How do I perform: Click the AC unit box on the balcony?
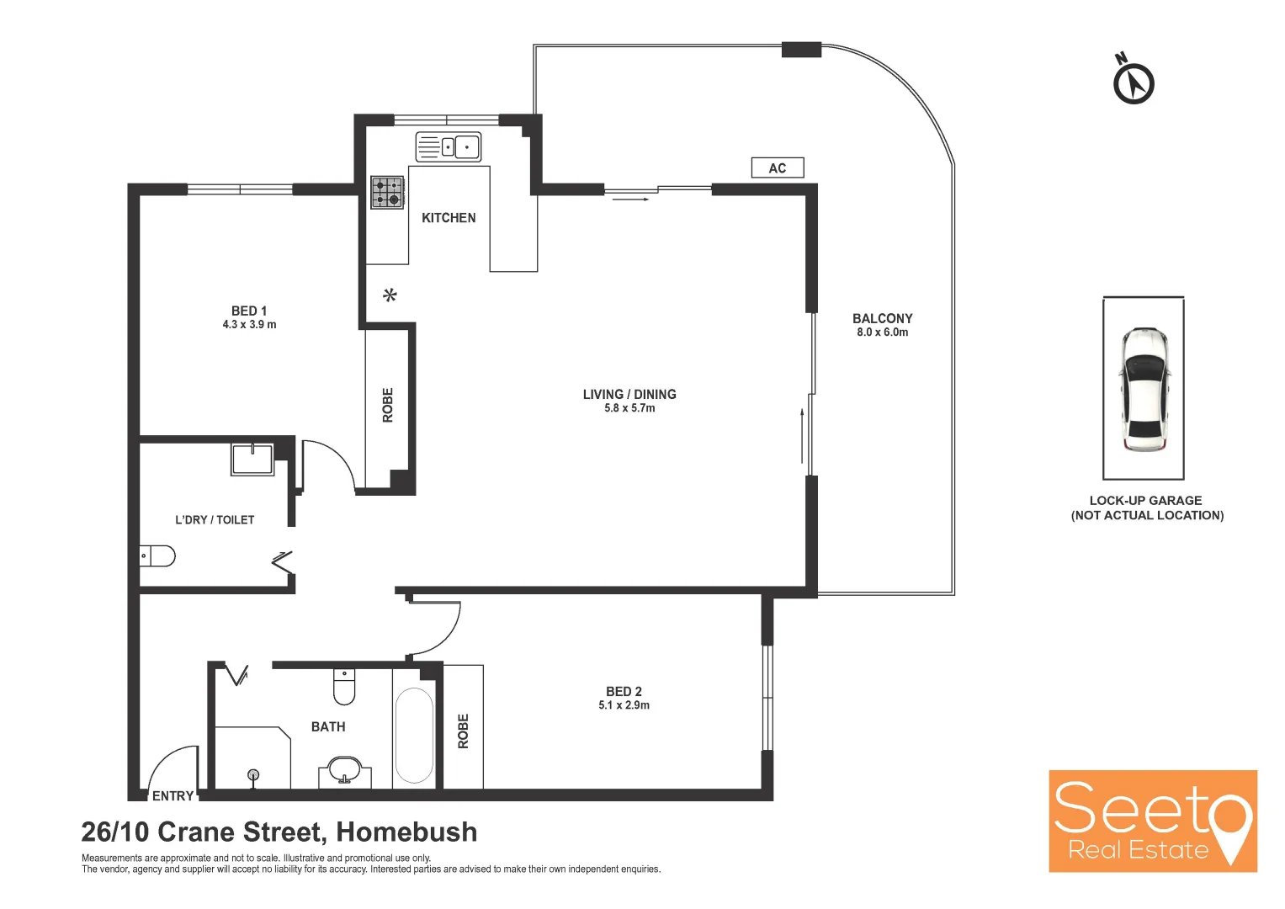(777, 168)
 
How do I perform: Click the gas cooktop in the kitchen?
(387, 192)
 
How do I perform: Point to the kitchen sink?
(449, 146)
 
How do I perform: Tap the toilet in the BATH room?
(344, 687)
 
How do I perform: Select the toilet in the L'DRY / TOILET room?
(157, 555)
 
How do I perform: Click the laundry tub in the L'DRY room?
(252, 460)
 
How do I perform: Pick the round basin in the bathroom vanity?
(344, 769)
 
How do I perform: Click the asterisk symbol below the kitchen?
(390, 295)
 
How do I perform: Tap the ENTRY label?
(173, 796)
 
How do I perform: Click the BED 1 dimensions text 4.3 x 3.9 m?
(249, 325)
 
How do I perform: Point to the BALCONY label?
(882, 318)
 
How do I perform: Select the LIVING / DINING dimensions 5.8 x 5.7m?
(629, 408)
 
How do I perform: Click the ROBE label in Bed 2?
(463, 731)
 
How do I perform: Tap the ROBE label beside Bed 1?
(388, 405)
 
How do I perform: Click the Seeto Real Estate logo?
(1152, 821)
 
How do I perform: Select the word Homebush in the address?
(406, 832)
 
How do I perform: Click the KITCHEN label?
(449, 218)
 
